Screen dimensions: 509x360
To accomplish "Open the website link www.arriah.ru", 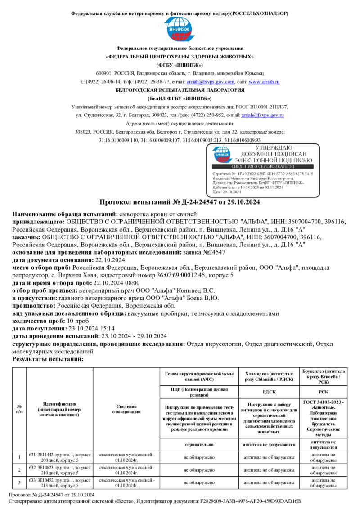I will coord(264,82).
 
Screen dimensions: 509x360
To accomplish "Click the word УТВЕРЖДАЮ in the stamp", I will coord(274,148).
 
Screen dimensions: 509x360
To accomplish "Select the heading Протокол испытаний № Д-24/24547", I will coord(180,202).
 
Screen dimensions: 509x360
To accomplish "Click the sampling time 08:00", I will coord(130,283).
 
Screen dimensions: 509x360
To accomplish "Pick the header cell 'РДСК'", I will coord(269,392).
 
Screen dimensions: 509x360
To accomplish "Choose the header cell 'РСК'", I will coord(323,392).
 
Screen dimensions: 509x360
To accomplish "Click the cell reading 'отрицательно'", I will coord(199,444).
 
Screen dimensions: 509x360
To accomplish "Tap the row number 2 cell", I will coord(19,470).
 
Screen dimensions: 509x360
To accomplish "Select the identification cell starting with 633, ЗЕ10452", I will coord(59,482).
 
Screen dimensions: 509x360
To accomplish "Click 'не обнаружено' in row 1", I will coord(199,457).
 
